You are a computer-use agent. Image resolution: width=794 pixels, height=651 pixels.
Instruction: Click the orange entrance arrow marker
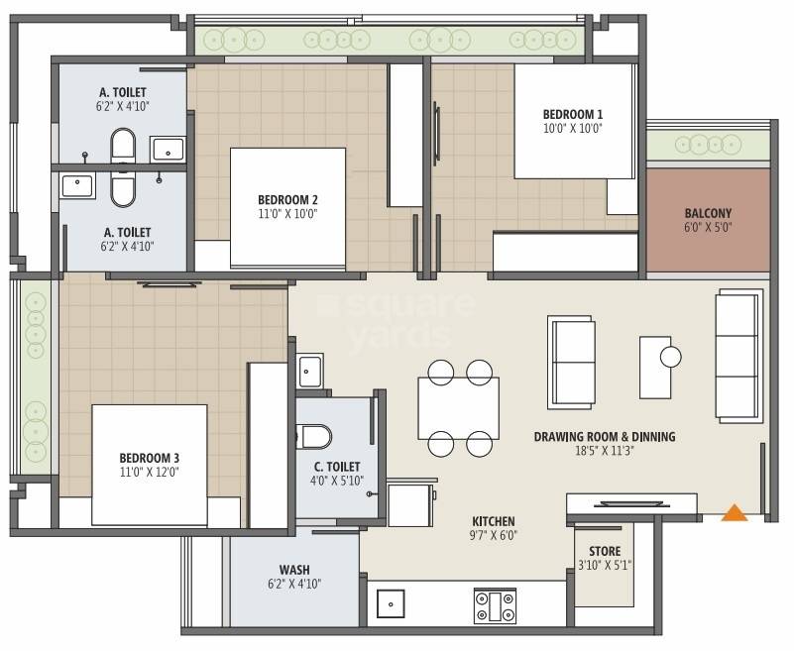734,512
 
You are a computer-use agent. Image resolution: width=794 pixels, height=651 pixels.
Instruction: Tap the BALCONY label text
708,213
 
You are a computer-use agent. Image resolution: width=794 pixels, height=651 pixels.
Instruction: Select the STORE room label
605,551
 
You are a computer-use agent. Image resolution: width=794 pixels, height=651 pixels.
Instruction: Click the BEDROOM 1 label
572,113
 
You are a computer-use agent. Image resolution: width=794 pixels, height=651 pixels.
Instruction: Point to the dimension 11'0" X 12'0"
149,472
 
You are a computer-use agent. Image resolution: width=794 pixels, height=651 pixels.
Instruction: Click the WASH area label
293,570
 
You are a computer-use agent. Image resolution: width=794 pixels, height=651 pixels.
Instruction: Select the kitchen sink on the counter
392,603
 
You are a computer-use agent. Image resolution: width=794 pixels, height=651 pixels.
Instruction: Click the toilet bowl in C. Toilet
315,436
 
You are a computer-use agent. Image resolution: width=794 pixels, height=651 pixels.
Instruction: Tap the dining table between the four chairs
458,407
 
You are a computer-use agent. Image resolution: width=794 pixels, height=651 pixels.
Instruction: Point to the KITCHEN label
493,521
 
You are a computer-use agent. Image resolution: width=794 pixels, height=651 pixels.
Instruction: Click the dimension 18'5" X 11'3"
604,450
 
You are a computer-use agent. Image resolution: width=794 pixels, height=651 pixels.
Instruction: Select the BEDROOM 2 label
287,199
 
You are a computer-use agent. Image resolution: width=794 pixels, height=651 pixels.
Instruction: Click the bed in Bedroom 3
151,464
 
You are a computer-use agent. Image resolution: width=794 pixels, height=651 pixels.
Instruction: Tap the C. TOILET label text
336,467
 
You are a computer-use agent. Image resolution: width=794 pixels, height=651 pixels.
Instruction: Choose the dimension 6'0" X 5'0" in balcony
708,227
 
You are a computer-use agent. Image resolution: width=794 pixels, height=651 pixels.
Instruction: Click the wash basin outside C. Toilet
310,371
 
